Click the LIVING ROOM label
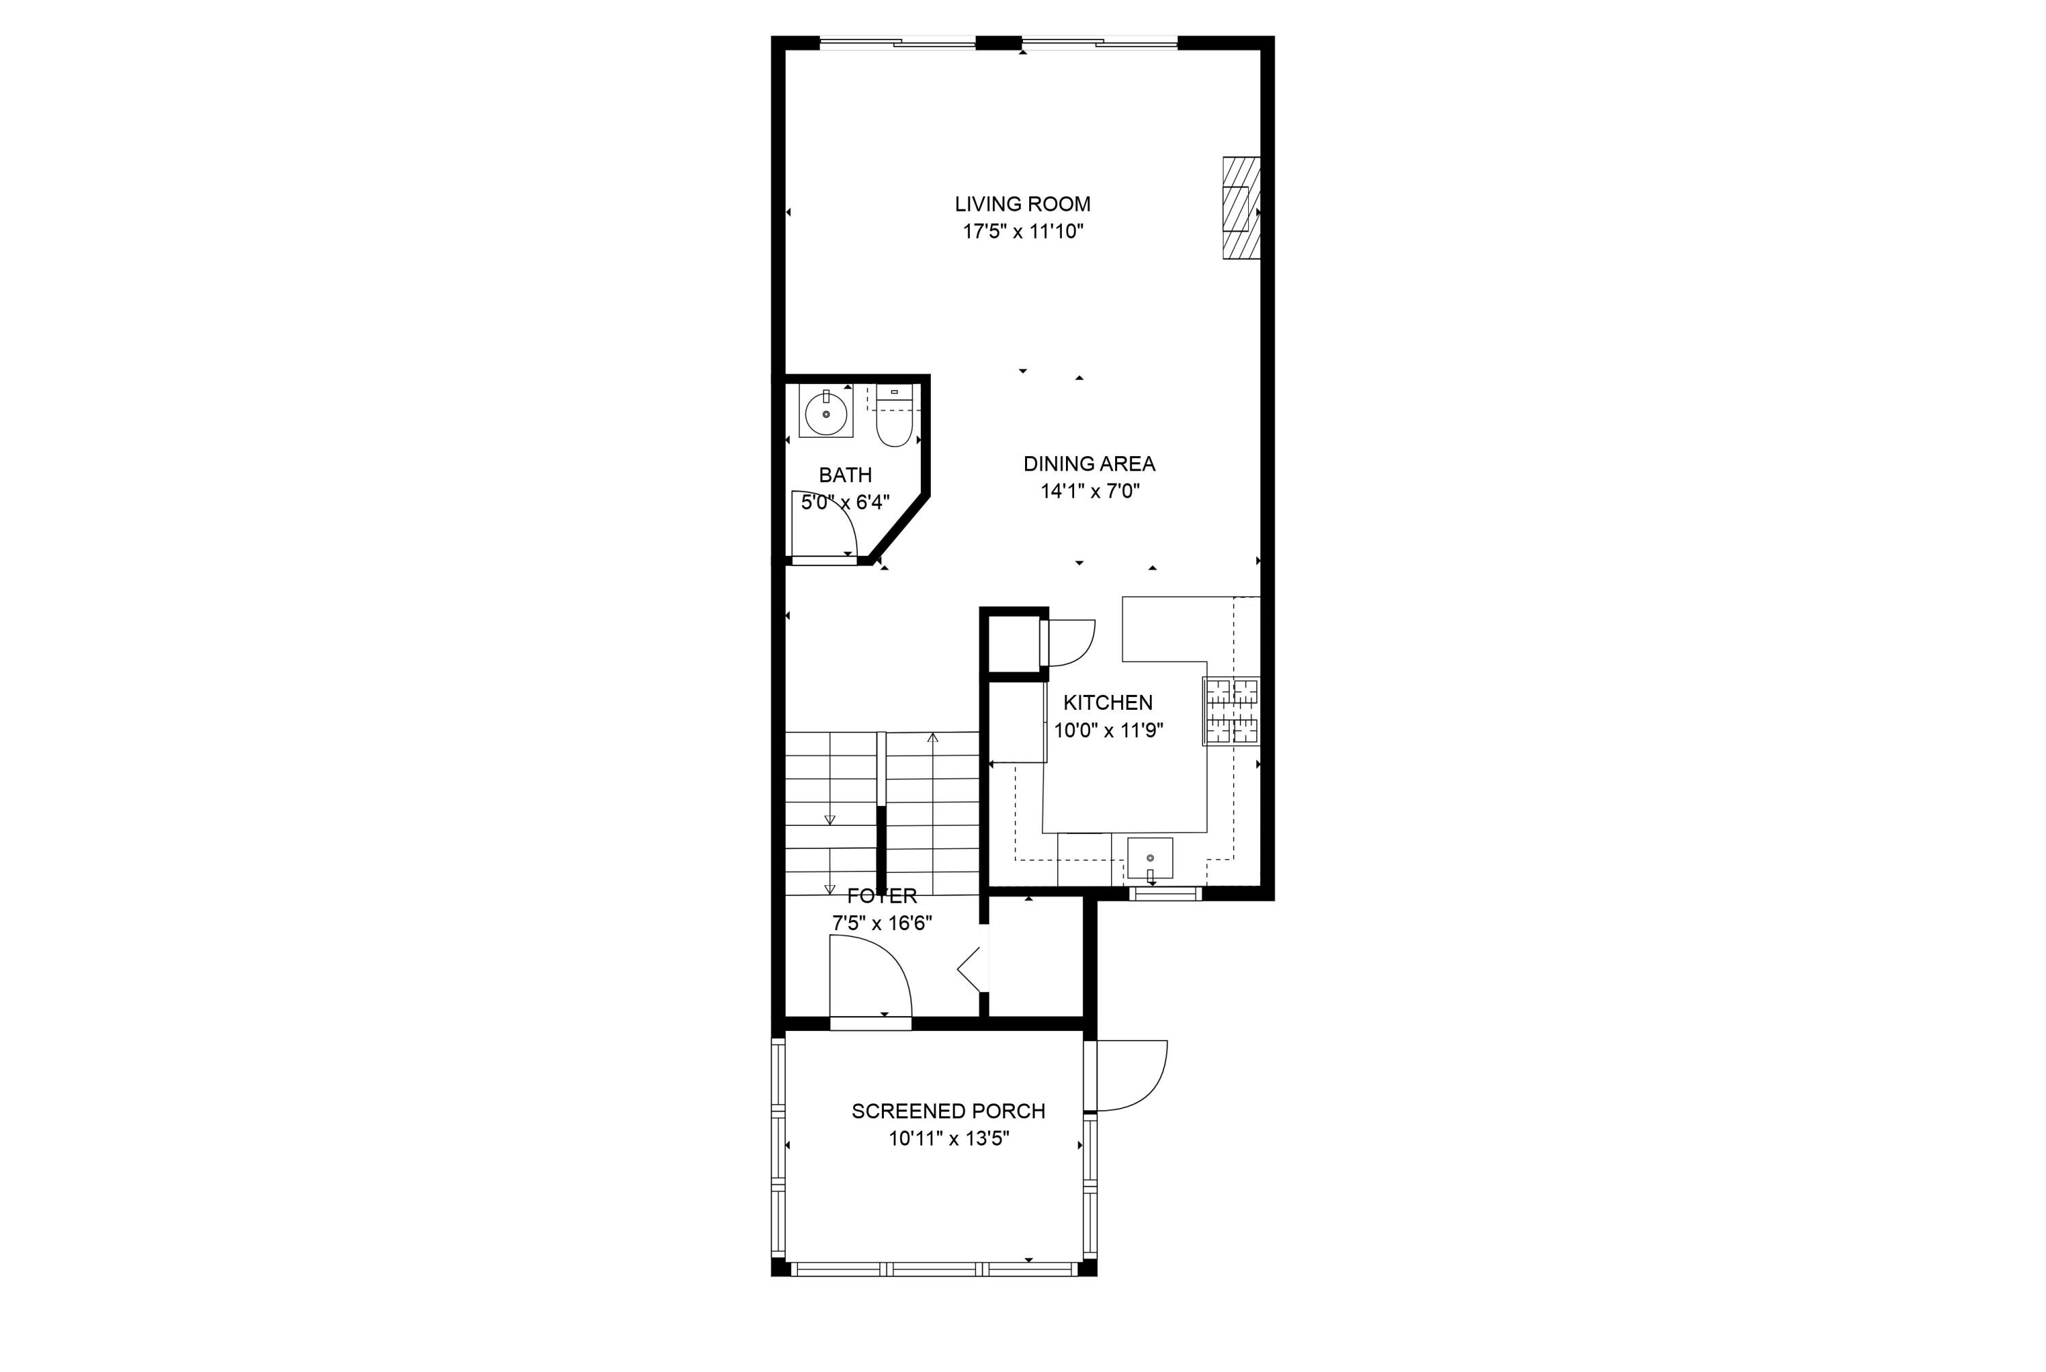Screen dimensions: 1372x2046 (x=1022, y=204)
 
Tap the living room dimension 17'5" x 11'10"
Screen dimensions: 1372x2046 (x=1023, y=232)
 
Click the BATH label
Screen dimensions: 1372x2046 (x=844, y=475)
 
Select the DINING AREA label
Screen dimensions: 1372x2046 (x=1088, y=464)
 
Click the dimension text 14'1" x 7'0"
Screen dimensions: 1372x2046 (x=1088, y=491)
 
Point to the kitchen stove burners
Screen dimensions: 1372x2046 (x=1231, y=711)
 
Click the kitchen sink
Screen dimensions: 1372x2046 (x=1149, y=859)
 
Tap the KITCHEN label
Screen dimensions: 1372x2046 (x=1107, y=702)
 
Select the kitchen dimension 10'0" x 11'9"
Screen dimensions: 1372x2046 (x=1107, y=730)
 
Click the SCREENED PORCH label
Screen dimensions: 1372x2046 (x=948, y=1112)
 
